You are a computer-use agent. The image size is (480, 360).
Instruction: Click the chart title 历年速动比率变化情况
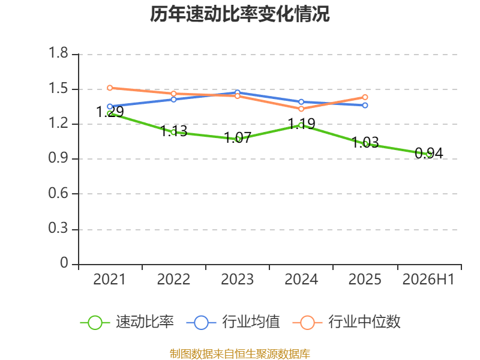tap(239, 14)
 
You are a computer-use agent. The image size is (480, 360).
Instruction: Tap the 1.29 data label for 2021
tap(110, 112)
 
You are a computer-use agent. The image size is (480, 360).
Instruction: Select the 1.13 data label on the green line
tap(174, 131)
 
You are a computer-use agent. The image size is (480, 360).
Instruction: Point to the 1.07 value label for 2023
tap(238, 137)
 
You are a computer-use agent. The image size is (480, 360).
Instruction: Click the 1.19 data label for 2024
tap(302, 124)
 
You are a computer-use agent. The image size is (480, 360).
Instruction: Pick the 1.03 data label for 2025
tap(365, 142)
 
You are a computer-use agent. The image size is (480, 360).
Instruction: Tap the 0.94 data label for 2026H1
tap(429, 153)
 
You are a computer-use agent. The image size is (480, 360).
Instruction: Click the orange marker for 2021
tap(110, 88)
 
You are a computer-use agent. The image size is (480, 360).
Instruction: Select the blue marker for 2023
tap(238, 92)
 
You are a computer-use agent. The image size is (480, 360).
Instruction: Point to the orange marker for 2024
tap(301, 109)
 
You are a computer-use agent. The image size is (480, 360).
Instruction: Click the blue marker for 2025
tap(365, 106)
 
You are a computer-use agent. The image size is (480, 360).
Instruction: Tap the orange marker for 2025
tap(365, 97)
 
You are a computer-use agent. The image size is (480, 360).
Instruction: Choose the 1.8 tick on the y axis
tap(58, 53)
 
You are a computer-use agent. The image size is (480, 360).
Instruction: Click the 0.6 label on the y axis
tap(58, 193)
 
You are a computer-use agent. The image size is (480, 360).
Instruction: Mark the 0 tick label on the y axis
tap(64, 263)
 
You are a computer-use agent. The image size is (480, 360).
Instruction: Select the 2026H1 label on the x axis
tap(428, 280)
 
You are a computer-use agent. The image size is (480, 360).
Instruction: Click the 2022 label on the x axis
tap(173, 280)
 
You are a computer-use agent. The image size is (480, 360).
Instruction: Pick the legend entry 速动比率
tap(127, 322)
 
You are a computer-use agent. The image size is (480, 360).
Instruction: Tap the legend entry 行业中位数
tap(347, 322)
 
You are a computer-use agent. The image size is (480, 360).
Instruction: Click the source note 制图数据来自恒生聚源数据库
tap(240, 354)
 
